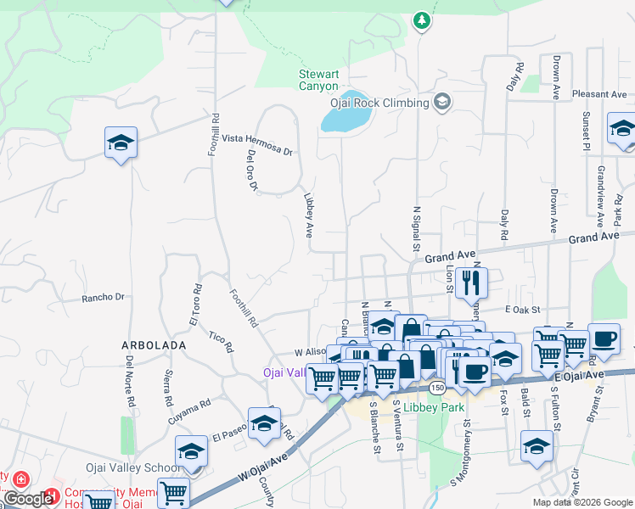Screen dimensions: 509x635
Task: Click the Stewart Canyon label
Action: point(318,80)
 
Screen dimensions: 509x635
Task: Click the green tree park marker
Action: point(422,20)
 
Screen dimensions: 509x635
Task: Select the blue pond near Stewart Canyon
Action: point(343,113)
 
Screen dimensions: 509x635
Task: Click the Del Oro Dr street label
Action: point(251,171)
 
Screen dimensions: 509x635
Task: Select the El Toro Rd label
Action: point(194,305)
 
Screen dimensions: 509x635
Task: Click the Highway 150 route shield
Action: point(436,388)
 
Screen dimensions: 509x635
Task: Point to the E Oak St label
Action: point(522,310)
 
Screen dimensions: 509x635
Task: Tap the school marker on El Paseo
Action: point(264,422)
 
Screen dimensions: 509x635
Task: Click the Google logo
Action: point(28,499)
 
